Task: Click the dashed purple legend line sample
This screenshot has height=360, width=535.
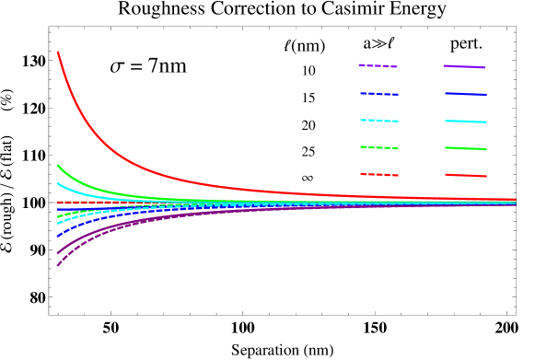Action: (x=378, y=66)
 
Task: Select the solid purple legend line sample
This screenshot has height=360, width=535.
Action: (x=464, y=67)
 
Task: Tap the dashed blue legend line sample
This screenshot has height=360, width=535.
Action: (x=379, y=94)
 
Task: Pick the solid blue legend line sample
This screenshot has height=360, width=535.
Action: (x=465, y=94)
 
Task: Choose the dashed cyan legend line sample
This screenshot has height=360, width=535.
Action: (x=379, y=121)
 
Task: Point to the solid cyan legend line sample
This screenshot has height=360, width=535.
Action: (x=465, y=122)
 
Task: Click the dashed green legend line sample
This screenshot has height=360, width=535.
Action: (x=379, y=147)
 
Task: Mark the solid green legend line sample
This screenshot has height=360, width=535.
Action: (x=465, y=148)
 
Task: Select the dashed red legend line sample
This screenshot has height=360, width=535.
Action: (x=379, y=174)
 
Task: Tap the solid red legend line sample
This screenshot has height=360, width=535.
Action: (x=465, y=175)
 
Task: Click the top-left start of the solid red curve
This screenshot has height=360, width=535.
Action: (x=58, y=52)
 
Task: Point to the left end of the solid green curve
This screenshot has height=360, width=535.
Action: (x=58, y=166)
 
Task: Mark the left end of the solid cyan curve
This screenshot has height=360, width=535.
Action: (x=58, y=183)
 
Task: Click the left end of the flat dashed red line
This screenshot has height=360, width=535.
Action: (x=58, y=202)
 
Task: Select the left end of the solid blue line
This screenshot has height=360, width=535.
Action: (x=58, y=210)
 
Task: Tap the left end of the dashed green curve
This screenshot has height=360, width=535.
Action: (x=58, y=217)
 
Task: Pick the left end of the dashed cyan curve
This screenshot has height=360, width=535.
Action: (x=58, y=224)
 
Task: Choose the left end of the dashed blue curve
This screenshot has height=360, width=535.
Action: (x=58, y=237)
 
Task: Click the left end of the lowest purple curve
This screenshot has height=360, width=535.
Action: (x=58, y=265)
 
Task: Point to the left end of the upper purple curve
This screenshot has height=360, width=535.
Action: (x=58, y=252)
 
